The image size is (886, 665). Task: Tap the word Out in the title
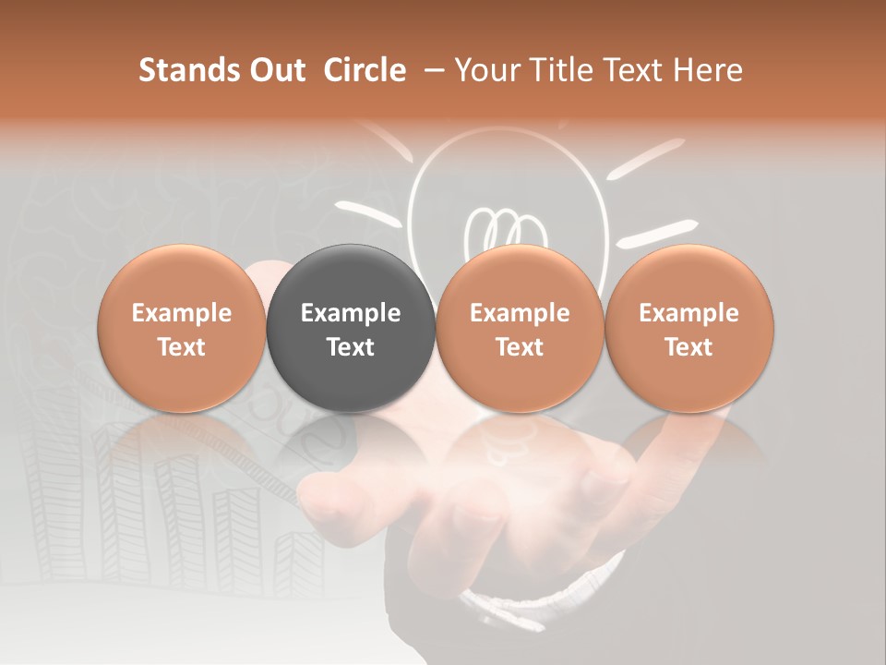(x=274, y=70)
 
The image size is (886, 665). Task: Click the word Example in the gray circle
(x=351, y=313)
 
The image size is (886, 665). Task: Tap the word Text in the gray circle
(x=351, y=347)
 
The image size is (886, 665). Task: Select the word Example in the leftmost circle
(x=182, y=313)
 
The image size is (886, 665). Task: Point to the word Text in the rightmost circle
(x=689, y=347)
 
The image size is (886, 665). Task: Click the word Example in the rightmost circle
(x=689, y=313)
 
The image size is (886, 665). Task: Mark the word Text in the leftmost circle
(x=182, y=347)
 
